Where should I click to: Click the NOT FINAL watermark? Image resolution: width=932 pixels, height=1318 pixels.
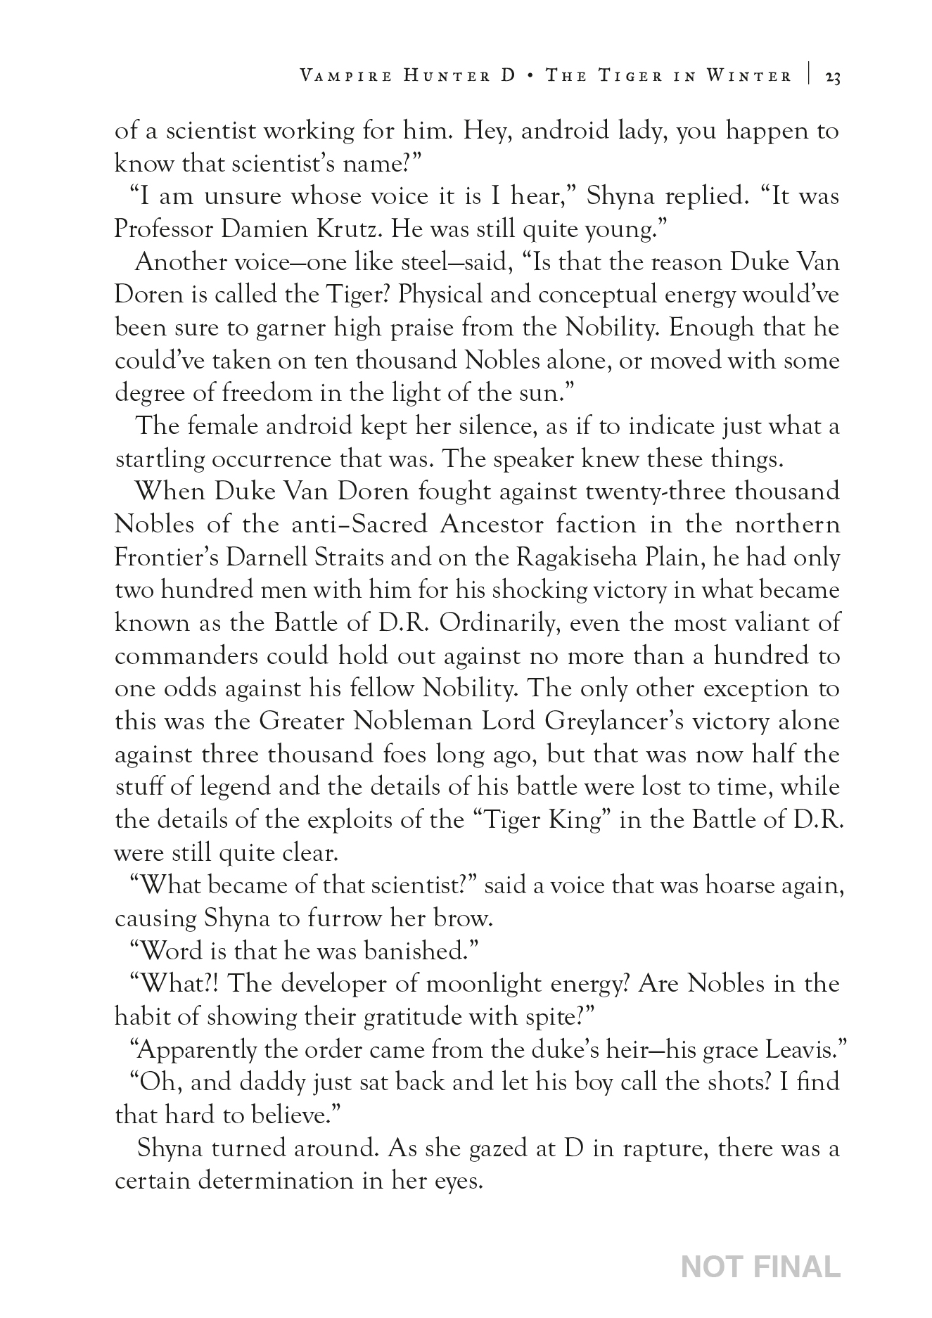[761, 1267]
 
